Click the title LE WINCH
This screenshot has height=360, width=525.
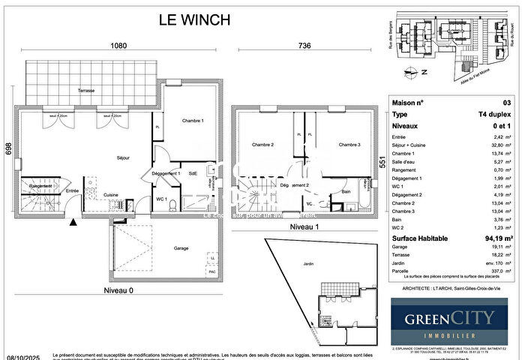pyautogui.click(x=193, y=20)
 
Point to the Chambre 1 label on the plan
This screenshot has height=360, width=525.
pyautogui.click(x=193, y=121)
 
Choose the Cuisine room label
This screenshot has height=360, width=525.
pyautogui.click(x=111, y=194)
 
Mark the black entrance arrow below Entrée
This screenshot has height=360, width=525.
pyautogui.click(x=73, y=221)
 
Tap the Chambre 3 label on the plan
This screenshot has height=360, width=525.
pyautogui.click(x=349, y=145)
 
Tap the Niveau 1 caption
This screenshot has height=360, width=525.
pyautogui.click(x=304, y=226)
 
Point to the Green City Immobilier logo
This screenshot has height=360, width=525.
pyautogui.click(x=451, y=321)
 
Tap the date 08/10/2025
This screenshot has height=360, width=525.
pyautogui.click(x=21, y=355)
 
